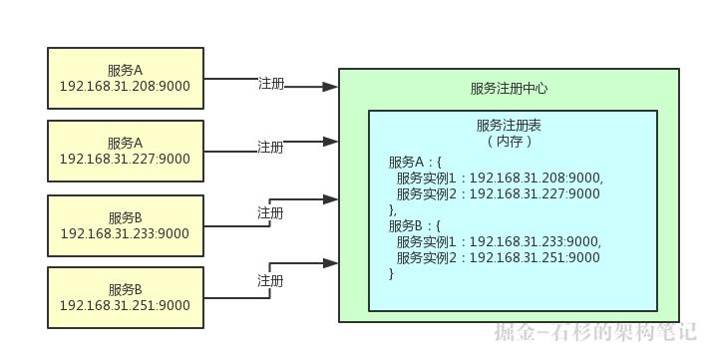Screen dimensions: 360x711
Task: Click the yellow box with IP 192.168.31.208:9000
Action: [x=126, y=78]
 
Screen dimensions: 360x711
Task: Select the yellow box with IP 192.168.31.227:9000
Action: [x=126, y=151]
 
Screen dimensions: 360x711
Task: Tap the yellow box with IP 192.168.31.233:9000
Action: [x=126, y=225]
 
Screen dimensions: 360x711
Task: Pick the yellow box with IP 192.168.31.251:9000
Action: [x=126, y=297]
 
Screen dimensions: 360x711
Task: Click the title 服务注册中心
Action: [x=509, y=88]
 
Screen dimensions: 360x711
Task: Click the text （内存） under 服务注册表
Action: [x=509, y=142]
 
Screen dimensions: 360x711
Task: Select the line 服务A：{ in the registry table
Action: [x=415, y=162]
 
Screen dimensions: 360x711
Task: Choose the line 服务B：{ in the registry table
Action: [x=415, y=225]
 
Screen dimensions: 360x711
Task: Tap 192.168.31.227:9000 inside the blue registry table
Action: [x=534, y=193]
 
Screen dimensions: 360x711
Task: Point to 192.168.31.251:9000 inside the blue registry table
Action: [x=534, y=257]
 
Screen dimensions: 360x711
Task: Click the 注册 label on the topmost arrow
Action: [x=271, y=84]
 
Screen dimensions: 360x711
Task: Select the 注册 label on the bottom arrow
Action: [x=271, y=281]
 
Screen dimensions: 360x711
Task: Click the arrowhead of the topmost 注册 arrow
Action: [x=331, y=88]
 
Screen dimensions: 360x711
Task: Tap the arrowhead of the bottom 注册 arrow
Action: [x=331, y=263]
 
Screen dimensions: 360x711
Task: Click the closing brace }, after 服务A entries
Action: [x=393, y=209]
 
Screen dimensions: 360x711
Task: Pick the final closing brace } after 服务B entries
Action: [x=392, y=273]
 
